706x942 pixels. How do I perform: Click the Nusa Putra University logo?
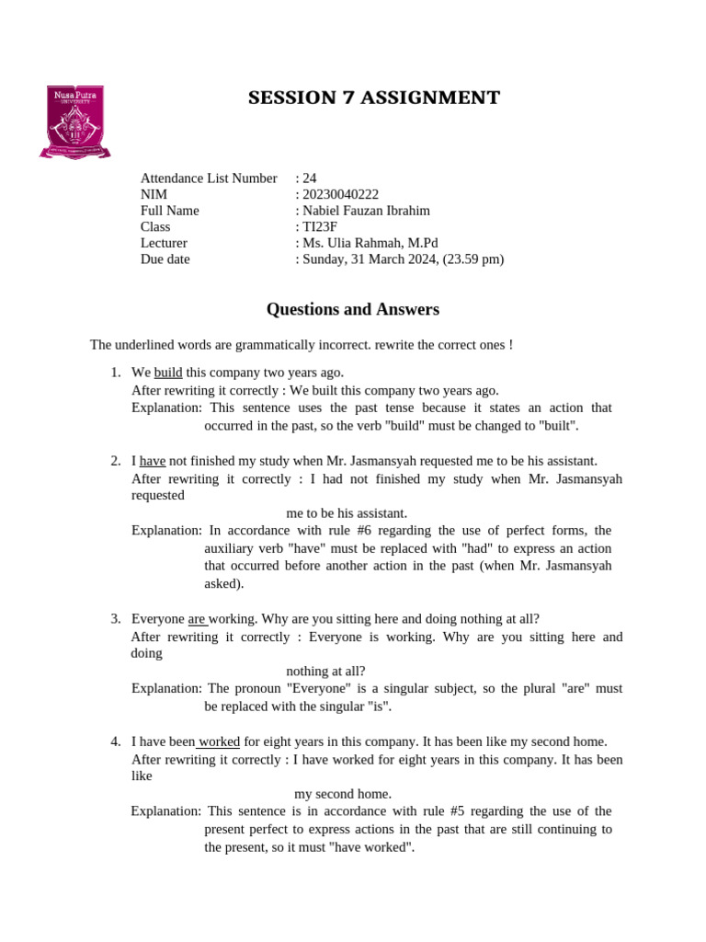pyautogui.click(x=74, y=121)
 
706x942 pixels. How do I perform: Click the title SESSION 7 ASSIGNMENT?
pyautogui.click(x=374, y=98)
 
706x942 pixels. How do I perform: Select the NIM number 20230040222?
pyautogui.click(x=340, y=194)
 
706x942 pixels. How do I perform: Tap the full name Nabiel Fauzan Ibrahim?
pyautogui.click(x=366, y=211)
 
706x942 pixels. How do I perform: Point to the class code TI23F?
pyautogui.click(x=320, y=226)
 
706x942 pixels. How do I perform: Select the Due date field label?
pyautogui.click(x=165, y=259)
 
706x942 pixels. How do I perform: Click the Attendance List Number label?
pyautogui.click(x=209, y=178)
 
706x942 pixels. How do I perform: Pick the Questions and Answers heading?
pyautogui.click(x=353, y=310)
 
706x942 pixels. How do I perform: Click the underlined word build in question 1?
pyautogui.click(x=168, y=373)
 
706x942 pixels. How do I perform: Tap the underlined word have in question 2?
pyautogui.click(x=153, y=461)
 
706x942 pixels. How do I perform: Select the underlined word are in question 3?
pyautogui.click(x=197, y=619)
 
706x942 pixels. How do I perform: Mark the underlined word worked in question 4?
pyautogui.click(x=219, y=741)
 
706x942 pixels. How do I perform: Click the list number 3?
pyautogui.click(x=116, y=619)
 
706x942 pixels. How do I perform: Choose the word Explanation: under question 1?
pyautogui.click(x=166, y=408)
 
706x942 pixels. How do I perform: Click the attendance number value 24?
pyautogui.click(x=310, y=178)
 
